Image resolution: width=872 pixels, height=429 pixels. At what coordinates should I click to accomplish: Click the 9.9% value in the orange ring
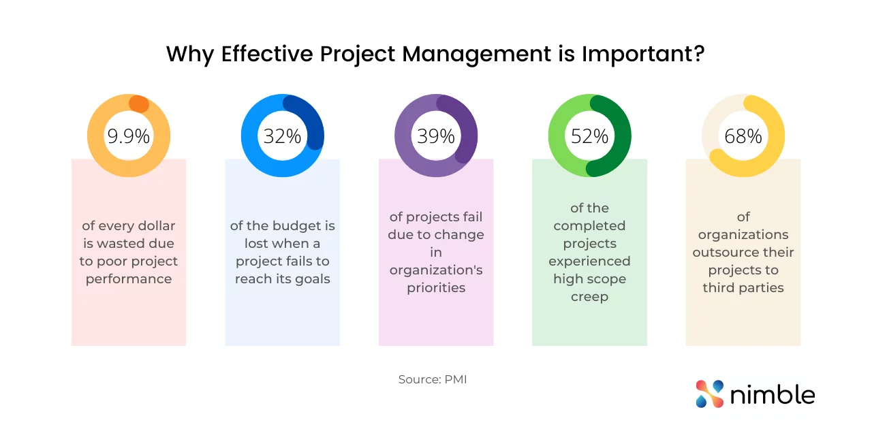128,136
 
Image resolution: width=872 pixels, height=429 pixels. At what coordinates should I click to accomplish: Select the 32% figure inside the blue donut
282,136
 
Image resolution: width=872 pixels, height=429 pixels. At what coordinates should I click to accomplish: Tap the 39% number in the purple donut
436,136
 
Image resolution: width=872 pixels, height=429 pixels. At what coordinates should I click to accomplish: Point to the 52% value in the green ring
589,136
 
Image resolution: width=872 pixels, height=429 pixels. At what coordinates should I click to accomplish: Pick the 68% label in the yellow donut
743,136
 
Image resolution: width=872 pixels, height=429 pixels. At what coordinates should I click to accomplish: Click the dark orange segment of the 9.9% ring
138,104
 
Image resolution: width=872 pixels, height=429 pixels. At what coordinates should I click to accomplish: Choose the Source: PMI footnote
433,379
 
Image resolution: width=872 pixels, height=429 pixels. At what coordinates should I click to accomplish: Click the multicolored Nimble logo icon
709,394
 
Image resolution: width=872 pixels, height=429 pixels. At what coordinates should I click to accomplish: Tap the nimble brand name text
773,394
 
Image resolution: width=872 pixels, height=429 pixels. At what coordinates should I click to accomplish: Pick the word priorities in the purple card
436,288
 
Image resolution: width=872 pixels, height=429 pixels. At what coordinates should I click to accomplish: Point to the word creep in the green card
589,297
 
